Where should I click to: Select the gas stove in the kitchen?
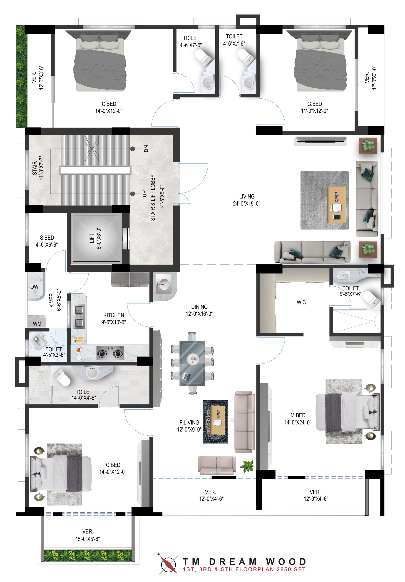(110, 353)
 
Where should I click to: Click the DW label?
(35, 287)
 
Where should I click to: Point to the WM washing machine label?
(37, 324)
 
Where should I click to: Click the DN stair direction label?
(146, 148)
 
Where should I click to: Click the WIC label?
(301, 302)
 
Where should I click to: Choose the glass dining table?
(192, 363)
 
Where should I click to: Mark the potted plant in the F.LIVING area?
(247, 466)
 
